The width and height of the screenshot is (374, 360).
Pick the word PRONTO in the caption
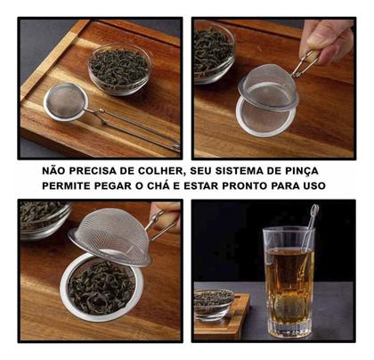tap(240, 185)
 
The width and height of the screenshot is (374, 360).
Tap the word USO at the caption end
tap(313, 185)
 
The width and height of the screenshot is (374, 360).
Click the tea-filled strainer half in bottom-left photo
tap(101, 286)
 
